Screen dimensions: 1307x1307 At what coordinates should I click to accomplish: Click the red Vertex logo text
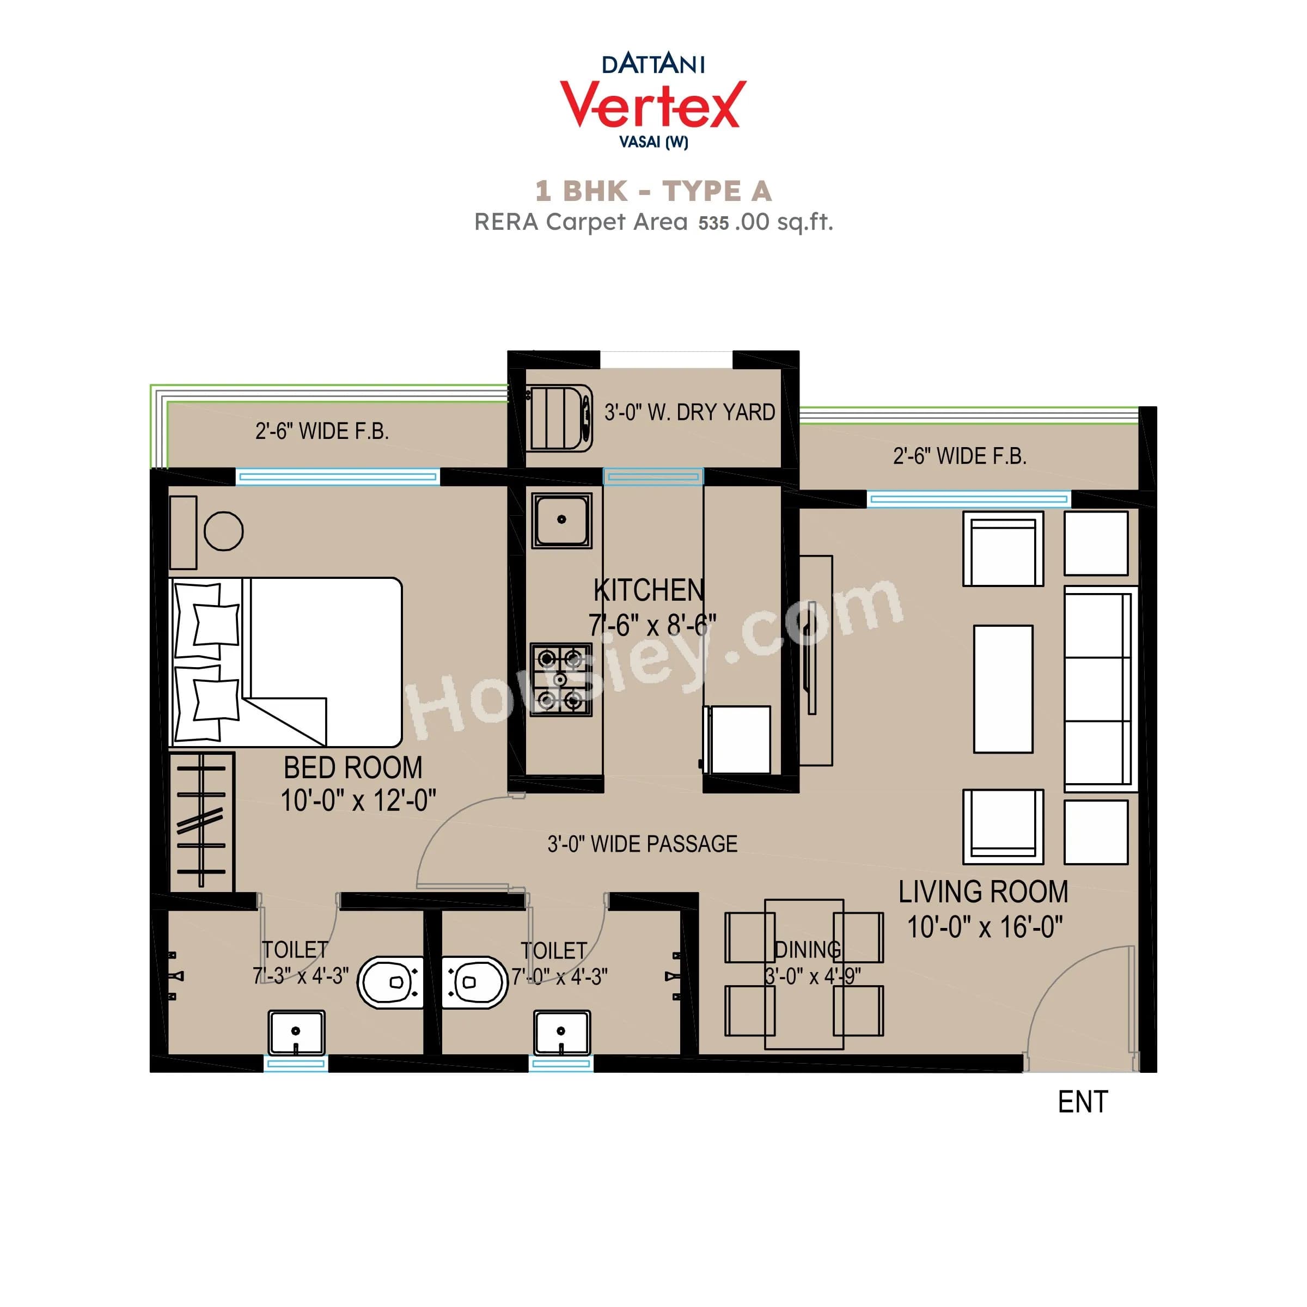(x=653, y=105)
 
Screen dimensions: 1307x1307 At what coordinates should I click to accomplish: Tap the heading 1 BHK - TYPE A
(x=653, y=192)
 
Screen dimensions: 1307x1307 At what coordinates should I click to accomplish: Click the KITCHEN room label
(x=648, y=590)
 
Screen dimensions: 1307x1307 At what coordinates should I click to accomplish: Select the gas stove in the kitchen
(x=560, y=679)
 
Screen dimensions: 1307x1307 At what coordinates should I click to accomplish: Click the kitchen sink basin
(x=561, y=520)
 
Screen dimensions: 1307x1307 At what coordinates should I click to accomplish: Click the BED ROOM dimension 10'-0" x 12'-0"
(x=358, y=801)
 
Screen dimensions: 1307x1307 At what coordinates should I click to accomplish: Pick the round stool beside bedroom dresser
(x=223, y=530)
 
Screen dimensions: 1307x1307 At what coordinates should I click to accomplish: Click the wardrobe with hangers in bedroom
(x=201, y=821)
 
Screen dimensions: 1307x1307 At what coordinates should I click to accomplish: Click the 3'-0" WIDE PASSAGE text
(x=642, y=844)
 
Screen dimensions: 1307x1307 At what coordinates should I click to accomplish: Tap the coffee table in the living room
(x=1003, y=689)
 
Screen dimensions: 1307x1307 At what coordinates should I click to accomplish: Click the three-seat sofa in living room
(x=1098, y=689)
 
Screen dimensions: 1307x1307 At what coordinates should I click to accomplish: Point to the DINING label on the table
(x=807, y=950)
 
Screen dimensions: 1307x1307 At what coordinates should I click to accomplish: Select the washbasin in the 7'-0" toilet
(x=561, y=1033)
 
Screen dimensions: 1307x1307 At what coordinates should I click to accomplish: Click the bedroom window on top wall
(x=338, y=477)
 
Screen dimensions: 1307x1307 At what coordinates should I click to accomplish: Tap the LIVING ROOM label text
(x=983, y=891)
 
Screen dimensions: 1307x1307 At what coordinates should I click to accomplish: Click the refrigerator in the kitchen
(x=737, y=740)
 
